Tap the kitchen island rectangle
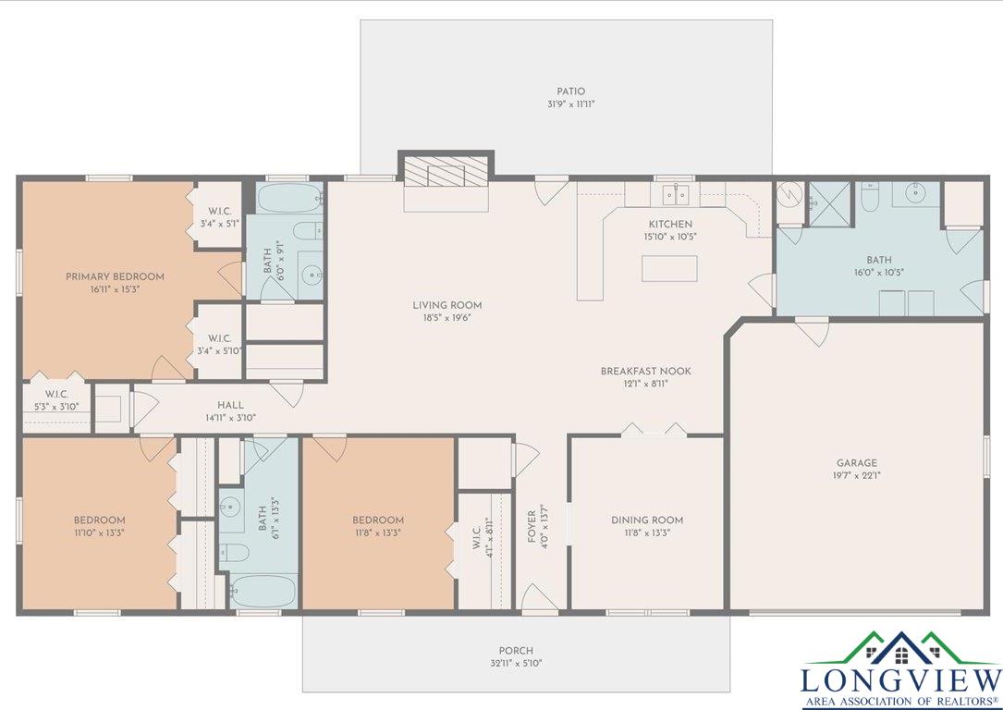click(x=669, y=269)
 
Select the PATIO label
click(x=570, y=92)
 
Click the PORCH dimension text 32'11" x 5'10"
click(x=516, y=663)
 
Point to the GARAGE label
click(x=857, y=462)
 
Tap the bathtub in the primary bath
click(x=289, y=198)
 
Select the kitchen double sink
click(x=674, y=194)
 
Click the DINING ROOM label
click(x=647, y=520)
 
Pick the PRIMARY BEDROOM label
click(x=116, y=276)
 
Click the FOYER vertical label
click(x=532, y=527)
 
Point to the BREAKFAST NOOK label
click(x=645, y=371)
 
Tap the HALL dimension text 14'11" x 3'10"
click(x=230, y=418)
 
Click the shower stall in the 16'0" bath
click(x=829, y=204)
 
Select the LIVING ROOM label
click(x=447, y=305)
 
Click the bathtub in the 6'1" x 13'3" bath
click(x=263, y=591)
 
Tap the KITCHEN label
click(x=669, y=224)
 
